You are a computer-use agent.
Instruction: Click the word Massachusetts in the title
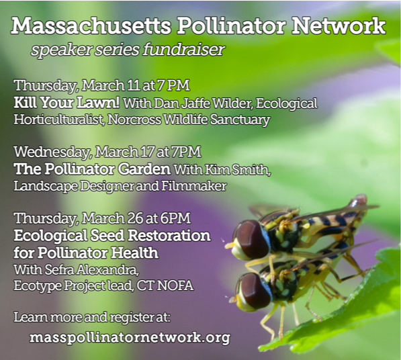[91, 26]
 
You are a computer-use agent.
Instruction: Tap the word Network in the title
[339, 26]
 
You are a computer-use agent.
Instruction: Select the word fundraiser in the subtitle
[184, 49]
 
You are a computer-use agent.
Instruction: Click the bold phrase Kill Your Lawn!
[66, 103]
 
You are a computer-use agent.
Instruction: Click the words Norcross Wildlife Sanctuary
[189, 120]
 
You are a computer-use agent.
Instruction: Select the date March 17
[124, 152]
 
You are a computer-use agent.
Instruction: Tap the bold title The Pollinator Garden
[92, 169]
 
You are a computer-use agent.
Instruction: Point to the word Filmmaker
[194, 186]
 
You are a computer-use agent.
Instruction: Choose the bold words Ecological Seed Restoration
[112, 236]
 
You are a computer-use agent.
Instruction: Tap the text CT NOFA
[165, 285]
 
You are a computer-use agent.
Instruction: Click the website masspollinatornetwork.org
[130, 337]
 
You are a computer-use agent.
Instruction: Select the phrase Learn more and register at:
[92, 317]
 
